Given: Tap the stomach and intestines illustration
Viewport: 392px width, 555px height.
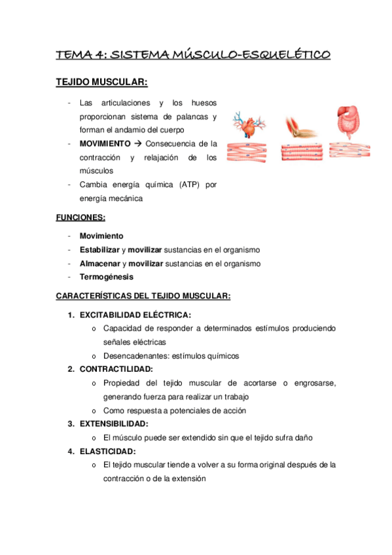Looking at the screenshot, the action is tap(351, 122).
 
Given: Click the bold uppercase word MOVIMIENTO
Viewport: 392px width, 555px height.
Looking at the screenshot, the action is tap(105, 143).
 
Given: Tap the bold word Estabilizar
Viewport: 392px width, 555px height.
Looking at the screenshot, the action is tap(99, 249).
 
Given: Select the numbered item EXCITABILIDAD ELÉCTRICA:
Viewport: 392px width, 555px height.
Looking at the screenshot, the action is tap(135, 315).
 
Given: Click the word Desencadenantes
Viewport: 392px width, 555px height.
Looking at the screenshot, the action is tap(135, 355).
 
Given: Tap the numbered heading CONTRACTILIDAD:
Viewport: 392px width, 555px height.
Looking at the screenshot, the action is tap(116, 369).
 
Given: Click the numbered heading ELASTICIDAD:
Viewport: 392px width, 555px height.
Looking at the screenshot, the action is tap(107, 452).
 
